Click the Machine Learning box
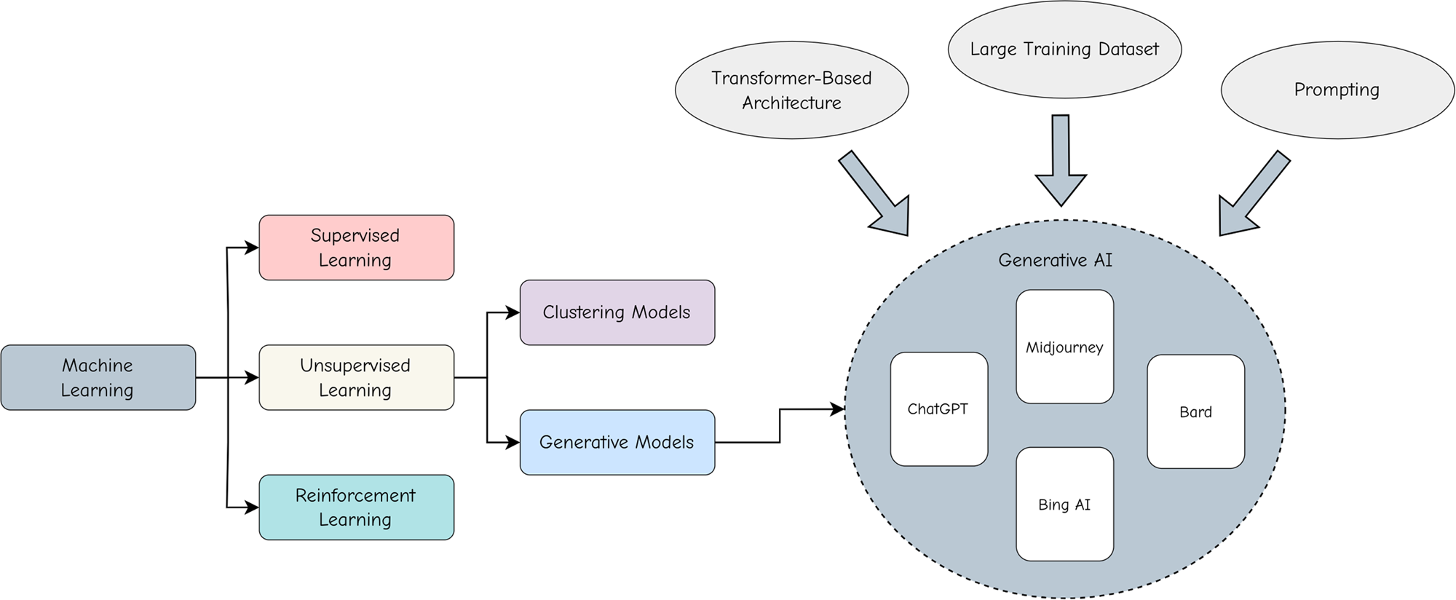(x=98, y=377)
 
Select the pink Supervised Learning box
(x=356, y=248)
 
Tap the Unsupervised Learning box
(x=356, y=377)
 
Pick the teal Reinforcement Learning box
(x=356, y=508)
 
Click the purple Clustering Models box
(x=617, y=312)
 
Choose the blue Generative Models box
(x=617, y=442)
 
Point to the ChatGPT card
(x=938, y=409)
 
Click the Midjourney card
(x=1064, y=347)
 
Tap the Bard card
(x=1195, y=411)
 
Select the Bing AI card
(x=1064, y=505)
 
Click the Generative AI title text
(x=1055, y=260)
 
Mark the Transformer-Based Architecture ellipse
(x=791, y=90)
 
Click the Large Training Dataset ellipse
(x=1064, y=50)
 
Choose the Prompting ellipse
(x=1337, y=90)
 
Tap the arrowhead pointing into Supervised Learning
(x=252, y=248)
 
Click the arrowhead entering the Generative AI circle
(x=837, y=409)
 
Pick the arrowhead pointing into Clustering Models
(x=513, y=312)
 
